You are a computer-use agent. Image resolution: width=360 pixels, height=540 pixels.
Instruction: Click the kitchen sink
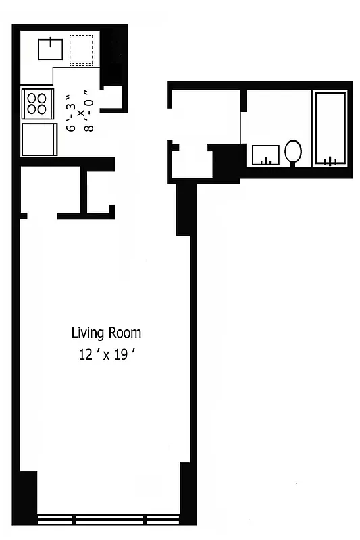[51, 49]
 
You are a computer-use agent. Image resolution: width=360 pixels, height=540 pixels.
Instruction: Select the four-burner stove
[36, 103]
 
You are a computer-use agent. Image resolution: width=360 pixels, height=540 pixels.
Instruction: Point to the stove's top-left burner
[31, 97]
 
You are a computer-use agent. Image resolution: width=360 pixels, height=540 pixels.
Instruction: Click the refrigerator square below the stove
[38, 138]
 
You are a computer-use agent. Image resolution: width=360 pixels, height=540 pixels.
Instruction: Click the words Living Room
[106, 333]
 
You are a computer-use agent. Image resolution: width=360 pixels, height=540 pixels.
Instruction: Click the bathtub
[330, 128]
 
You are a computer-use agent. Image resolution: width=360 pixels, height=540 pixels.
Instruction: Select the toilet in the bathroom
[293, 151]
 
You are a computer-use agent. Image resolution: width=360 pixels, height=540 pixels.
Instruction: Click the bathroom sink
[266, 155]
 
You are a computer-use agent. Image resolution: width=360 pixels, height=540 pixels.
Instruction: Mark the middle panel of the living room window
[109, 519]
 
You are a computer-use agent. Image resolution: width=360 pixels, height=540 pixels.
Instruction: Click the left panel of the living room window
[55, 519]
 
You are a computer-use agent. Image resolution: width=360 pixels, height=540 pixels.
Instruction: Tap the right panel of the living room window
[162, 519]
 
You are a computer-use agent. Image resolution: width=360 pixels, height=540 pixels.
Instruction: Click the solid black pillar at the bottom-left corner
[26, 496]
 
